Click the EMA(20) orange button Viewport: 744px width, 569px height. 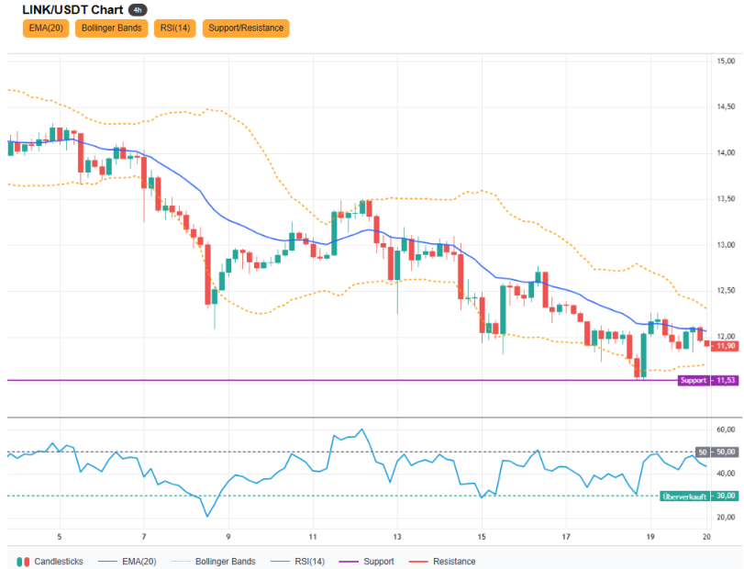point(46,28)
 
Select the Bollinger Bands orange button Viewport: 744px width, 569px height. point(112,28)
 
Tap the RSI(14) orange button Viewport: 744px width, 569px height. point(175,28)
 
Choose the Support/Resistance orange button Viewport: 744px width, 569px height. point(246,28)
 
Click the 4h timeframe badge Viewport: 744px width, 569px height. point(138,10)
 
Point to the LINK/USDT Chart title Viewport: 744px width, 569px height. point(72,10)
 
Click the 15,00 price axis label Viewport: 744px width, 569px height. point(726,61)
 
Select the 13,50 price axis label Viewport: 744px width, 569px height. point(726,199)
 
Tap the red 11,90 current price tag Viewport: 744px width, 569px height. point(725,346)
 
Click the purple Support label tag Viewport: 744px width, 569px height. point(694,381)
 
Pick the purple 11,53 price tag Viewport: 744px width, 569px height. point(725,381)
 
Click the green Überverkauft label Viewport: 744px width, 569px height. point(684,496)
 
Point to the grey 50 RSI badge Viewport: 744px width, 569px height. point(703,452)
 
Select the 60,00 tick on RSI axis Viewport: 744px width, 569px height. point(726,430)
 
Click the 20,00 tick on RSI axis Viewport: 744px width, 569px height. point(726,518)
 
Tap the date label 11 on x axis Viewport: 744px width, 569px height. point(313,537)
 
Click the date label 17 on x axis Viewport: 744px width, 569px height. point(566,537)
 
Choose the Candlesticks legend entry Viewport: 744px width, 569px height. point(50,562)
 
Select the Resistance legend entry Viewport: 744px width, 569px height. point(442,562)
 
